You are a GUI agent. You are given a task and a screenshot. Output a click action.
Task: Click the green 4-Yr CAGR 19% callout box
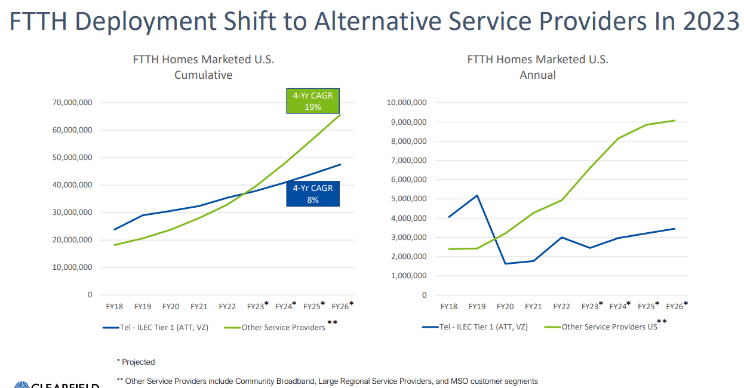(312, 101)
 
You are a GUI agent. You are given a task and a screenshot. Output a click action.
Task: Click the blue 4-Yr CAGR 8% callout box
(312, 194)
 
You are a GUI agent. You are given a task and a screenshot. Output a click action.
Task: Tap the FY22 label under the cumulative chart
(227, 307)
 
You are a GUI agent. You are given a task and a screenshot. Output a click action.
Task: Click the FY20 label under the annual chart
(505, 307)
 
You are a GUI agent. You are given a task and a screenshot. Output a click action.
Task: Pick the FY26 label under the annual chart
(674, 307)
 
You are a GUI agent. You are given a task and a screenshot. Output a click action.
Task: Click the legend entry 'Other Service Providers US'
(609, 327)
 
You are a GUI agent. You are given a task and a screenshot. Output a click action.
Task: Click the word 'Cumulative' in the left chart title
(203, 75)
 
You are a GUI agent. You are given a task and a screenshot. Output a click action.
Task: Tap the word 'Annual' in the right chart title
(537, 75)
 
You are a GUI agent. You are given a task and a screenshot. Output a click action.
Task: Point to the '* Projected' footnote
(136, 362)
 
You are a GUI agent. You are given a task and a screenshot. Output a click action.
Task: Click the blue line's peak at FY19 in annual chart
(477, 195)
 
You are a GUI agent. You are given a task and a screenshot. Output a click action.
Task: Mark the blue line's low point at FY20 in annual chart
(505, 264)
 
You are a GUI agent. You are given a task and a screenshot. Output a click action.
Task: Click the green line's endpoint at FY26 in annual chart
(675, 121)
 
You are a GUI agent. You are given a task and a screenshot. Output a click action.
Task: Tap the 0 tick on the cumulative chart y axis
(90, 295)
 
